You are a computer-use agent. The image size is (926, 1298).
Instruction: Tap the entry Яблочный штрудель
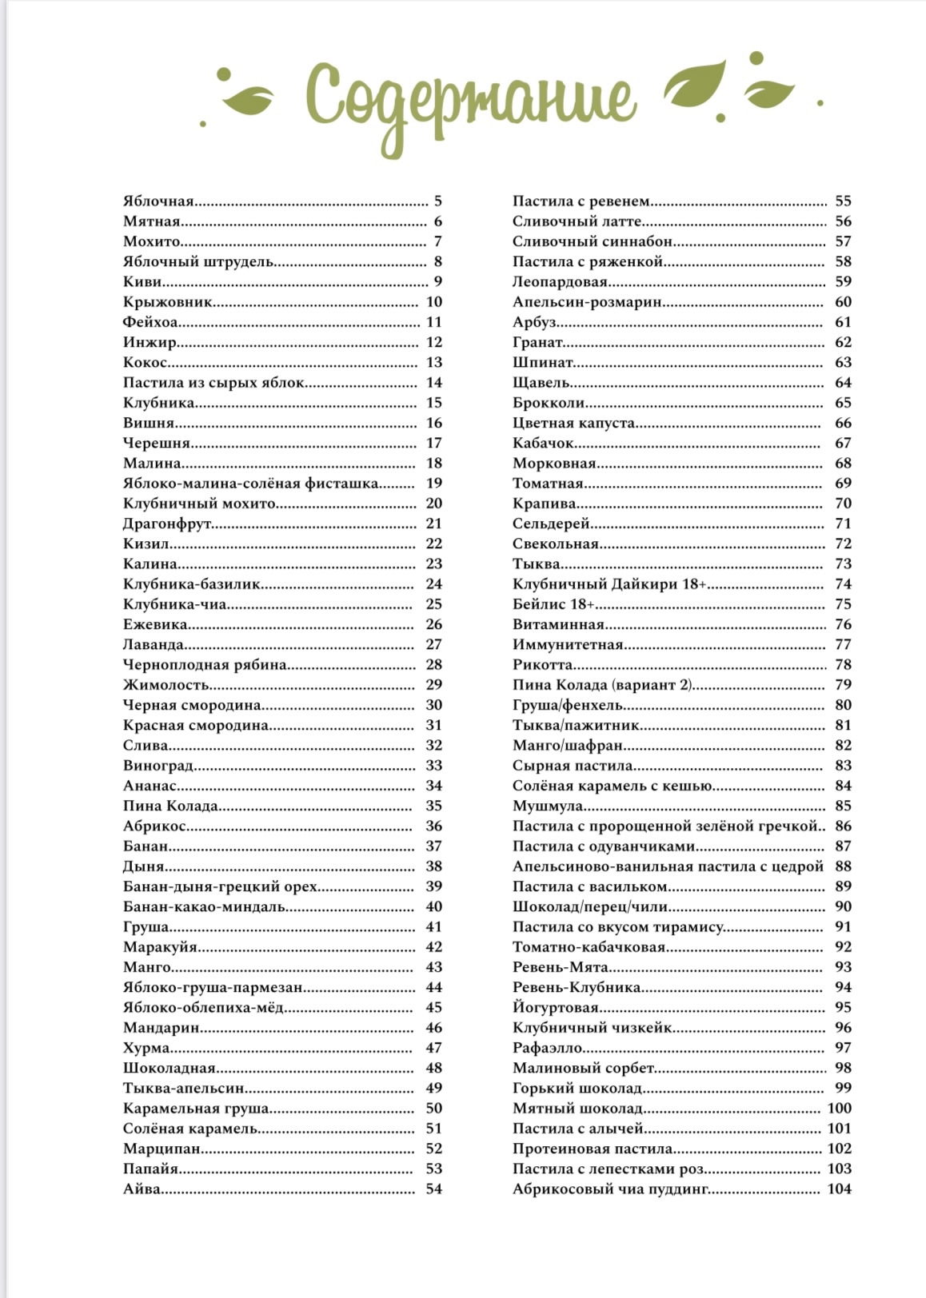[x=198, y=261]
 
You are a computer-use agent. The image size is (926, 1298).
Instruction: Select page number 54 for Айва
[x=433, y=1189]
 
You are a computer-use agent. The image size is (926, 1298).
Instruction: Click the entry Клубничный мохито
[x=199, y=504]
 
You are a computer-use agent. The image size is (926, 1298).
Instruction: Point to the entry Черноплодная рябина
[x=205, y=664]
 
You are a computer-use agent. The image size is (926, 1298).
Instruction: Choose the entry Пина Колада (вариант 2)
[x=602, y=684]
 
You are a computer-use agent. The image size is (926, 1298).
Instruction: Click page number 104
[x=839, y=1189]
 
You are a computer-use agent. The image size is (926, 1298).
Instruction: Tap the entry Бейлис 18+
[x=553, y=604]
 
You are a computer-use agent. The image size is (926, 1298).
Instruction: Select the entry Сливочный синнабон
[x=592, y=241]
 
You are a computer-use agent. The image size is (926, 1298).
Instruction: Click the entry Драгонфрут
[x=167, y=524]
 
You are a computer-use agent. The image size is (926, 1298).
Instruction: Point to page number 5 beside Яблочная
[x=437, y=201]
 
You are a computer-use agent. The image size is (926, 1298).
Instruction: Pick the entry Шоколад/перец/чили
[x=590, y=906]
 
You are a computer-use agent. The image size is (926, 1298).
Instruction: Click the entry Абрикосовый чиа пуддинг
[x=611, y=1189]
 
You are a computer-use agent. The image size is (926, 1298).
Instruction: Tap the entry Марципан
[x=162, y=1149]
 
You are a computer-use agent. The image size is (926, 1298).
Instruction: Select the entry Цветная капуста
[x=574, y=423]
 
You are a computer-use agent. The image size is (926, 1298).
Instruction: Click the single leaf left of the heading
[x=248, y=99]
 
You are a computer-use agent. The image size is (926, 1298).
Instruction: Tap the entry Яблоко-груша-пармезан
[x=213, y=987]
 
